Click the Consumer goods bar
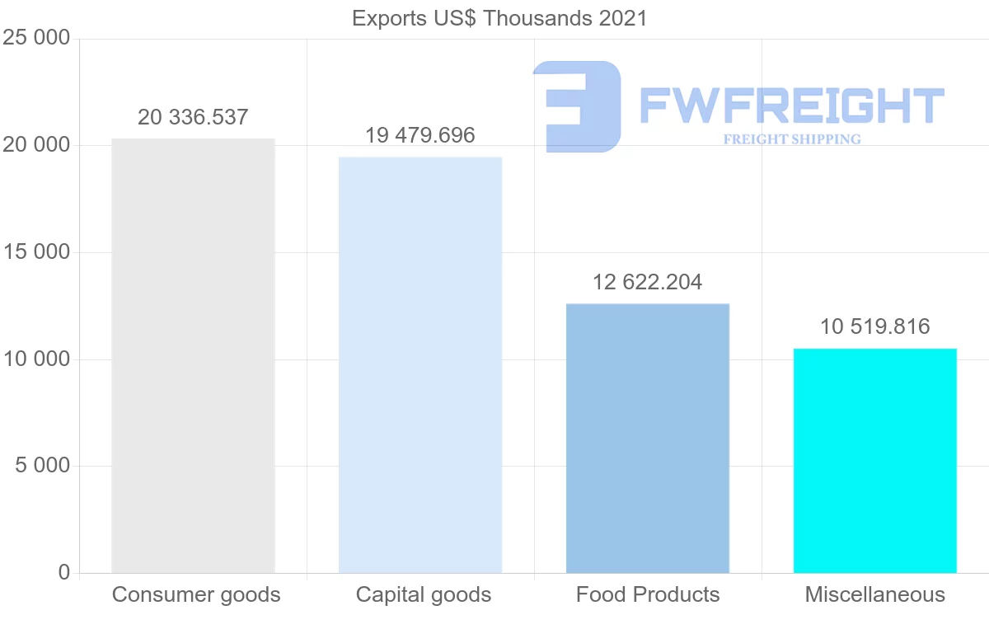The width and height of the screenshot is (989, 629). (x=193, y=355)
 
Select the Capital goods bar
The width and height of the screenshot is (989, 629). (x=420, y=364)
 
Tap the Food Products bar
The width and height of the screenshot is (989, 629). (x=648, y=438)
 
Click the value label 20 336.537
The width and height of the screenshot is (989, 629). (x=193, y=118)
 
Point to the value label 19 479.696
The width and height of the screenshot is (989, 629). (x=420, y=136)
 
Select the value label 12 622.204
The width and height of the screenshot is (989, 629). (x=648, y=283)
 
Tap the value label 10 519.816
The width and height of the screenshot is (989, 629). (x=875, y=327)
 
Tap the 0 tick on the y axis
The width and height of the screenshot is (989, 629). (x=64, y=573)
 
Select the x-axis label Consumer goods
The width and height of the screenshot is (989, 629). (x=196, y=595)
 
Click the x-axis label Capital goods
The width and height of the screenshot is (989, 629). (x=424, y=595)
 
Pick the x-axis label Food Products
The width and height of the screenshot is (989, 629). (x=648, y=595)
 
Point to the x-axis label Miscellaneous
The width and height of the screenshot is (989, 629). (x=875, y=595)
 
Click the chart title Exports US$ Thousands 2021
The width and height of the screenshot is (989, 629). (x=499, y=18)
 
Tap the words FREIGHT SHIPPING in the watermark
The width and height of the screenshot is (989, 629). (x=792, y=139)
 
